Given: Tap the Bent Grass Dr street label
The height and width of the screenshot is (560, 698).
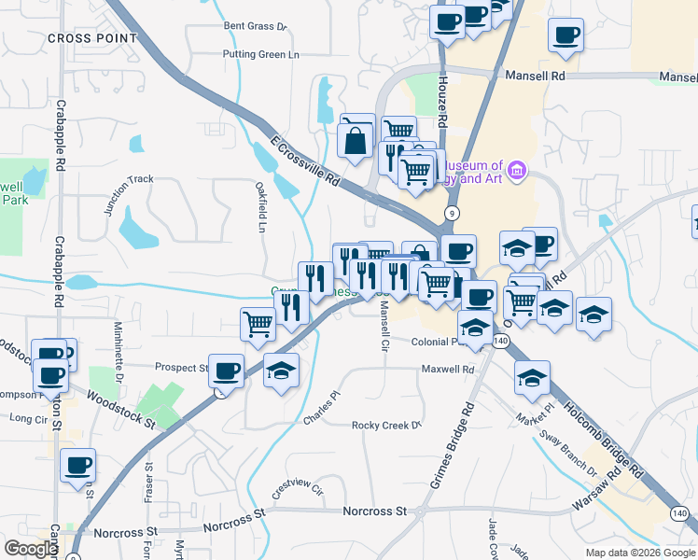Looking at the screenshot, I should (257, 26).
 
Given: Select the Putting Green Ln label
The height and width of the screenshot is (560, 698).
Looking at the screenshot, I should (260, 54).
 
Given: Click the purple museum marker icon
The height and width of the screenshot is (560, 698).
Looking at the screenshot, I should (517, 170).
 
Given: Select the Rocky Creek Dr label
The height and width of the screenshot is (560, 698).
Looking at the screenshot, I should (386, 426).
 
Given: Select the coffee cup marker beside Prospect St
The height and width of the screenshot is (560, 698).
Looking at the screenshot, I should (225, 370).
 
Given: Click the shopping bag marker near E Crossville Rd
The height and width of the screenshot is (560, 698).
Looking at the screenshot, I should (356, 139).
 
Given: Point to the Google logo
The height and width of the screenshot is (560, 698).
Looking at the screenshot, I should (32, 549).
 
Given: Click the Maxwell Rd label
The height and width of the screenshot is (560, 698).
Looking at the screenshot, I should (449, 370).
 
